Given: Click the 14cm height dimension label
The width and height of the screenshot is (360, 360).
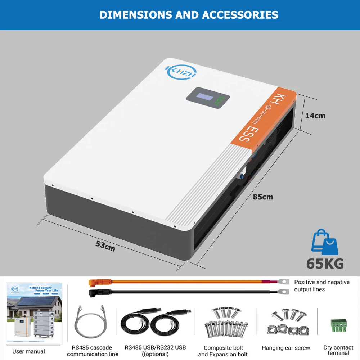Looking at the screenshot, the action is tap(315, 116).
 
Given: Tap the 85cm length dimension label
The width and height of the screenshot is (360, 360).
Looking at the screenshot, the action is tap(263, 197).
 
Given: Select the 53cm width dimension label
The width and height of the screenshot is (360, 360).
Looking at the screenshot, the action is tap(105, 246).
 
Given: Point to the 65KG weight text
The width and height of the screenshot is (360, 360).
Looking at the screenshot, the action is tap(325, 263).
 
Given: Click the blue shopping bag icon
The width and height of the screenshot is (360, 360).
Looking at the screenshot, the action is tap(324, 242).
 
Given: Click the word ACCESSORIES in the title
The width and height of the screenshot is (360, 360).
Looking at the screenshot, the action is tap(240, 15).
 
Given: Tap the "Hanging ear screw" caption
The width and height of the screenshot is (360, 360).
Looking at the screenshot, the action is tap(286, 348).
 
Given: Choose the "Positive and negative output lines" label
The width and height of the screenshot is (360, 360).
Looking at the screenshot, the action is tap(321, 285).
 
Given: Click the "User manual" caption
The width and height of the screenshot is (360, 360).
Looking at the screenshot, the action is tap(29, 351).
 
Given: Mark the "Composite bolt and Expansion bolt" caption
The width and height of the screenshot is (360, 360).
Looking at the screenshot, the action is tap(223, 351).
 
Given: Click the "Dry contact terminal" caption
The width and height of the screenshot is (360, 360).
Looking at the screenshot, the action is tap(338, 350).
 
